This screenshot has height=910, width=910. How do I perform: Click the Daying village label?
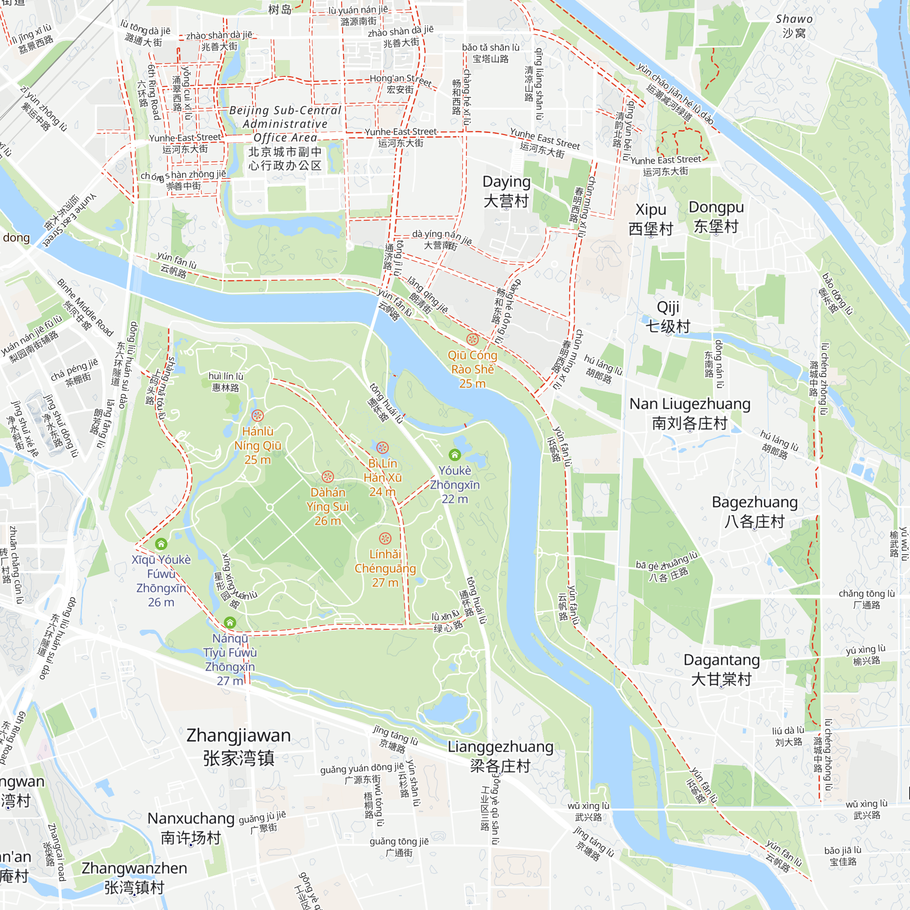coord(506,191)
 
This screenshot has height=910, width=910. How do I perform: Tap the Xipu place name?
coord(651,219)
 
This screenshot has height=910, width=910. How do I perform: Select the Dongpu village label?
coord(716,217)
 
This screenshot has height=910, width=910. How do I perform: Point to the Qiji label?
coord(668,317)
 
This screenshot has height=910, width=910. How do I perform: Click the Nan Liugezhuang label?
coord(690,414)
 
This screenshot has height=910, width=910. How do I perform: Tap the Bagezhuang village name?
coord(754,511)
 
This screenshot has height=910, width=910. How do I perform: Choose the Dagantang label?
coord(722,669)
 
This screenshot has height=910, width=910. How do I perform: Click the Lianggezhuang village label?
coord(500,756)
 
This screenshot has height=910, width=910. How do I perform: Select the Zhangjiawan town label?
coord(239,747)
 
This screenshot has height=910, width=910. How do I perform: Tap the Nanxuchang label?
coord(191,828)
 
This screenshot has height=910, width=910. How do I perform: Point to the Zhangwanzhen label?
coord(134,878)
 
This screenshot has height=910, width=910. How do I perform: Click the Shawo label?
coord(794,26)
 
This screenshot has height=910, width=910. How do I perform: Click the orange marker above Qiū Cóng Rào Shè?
coord(472,339)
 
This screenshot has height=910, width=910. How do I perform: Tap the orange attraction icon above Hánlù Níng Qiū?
coord(257,415)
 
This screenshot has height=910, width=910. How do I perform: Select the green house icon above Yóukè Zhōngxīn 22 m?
coord(455,455)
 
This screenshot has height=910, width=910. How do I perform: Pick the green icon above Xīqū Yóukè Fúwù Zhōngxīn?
coord(161,544)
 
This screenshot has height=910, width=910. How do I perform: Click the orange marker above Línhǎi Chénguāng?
coord(385,538)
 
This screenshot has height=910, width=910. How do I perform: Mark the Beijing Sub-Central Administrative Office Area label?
coord(285,137)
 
